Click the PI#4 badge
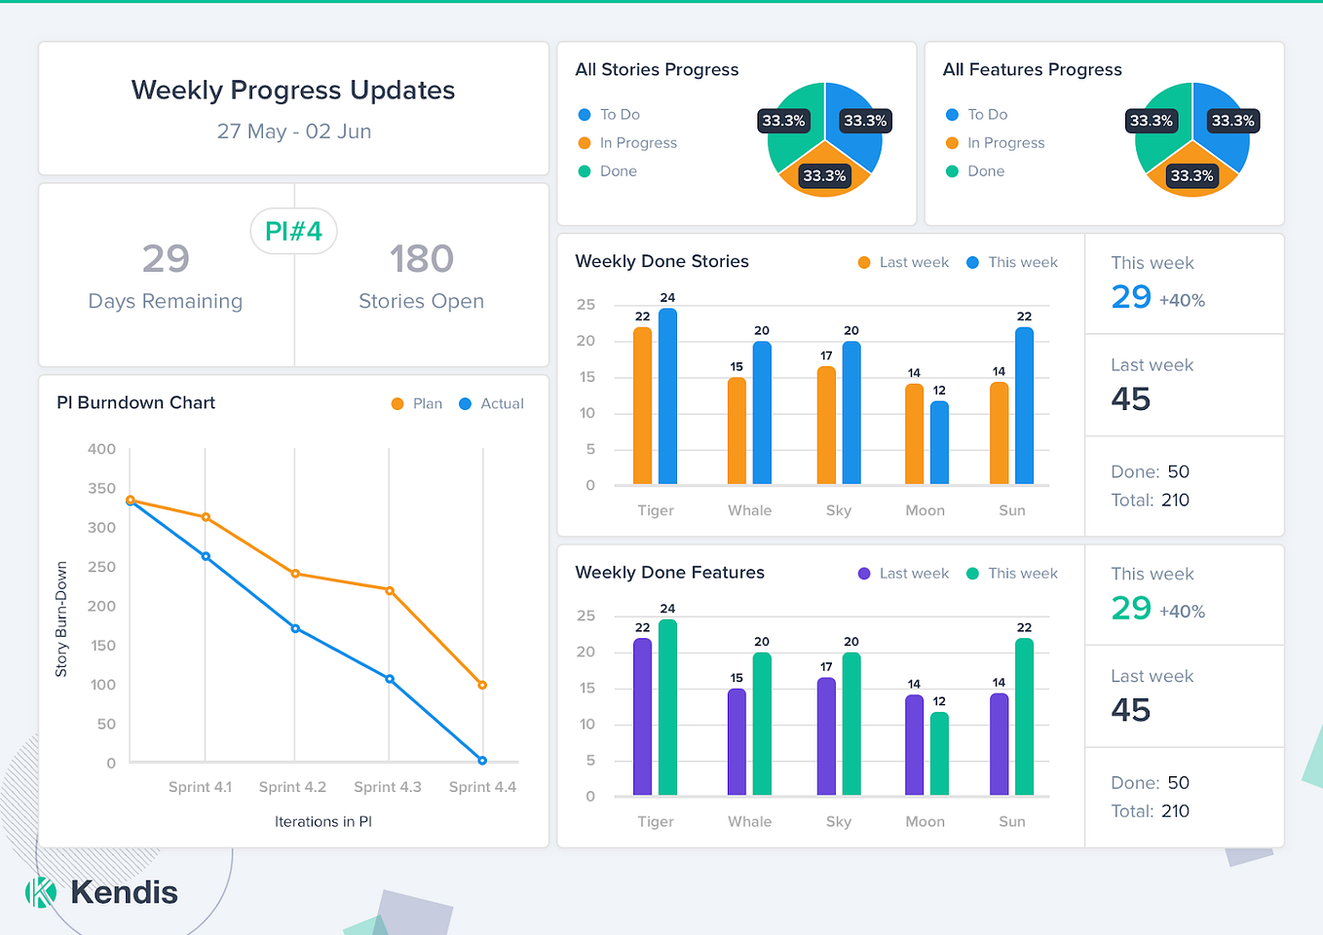click(293, 231)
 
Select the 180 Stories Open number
click(421, 259)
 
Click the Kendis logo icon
click(40, 892)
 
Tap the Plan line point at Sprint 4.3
click(390, 590)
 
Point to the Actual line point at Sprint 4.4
click(482, 761)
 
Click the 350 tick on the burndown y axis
click(101, 488)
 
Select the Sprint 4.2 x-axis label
click(292, 787)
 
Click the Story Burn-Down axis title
click(61, 619)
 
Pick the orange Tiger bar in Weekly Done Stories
click(642, 406)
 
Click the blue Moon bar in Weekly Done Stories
click(939, 443)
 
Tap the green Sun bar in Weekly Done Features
click(1024, 717)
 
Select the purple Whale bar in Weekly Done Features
click(737, 742)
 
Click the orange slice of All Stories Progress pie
click(825, 180)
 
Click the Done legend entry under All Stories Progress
click(618, 171)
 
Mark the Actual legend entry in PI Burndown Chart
click(501, 403)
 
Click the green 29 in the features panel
click(1131, 608)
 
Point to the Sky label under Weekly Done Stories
click(839, 510)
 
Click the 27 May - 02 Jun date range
click(293, 131)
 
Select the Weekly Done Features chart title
click(669, 573)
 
